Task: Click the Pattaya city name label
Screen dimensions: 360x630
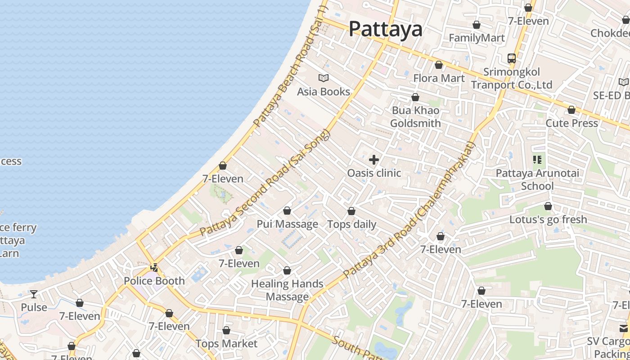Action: (x=386, y=29)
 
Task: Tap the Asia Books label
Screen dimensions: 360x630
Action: (x=324, y=92)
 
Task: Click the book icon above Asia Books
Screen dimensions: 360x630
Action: (x=324, y=78)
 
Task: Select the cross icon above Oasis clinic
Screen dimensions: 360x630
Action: (x=373, y=159)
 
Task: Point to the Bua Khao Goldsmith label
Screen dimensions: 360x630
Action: (x=415, y=117)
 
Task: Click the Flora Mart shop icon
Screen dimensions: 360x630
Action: (x=439, y=65)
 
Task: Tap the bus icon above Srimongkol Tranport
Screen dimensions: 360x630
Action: (x=512, y=58)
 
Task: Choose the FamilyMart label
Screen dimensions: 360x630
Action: (x=477, y=38)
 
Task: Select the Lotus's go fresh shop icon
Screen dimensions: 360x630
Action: (x=548, y=206)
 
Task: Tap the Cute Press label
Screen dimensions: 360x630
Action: (x=571, y=123)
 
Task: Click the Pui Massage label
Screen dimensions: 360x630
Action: (x=287, y=224)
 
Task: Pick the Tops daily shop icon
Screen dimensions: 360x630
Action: (x=351, y=211)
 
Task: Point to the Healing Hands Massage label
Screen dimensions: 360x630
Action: (x=287, y=290)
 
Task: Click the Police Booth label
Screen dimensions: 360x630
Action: (x=154, y=281)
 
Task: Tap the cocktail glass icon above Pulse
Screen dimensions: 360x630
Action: (x=34, y=294)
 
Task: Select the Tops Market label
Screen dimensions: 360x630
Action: (x=226, y=344)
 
